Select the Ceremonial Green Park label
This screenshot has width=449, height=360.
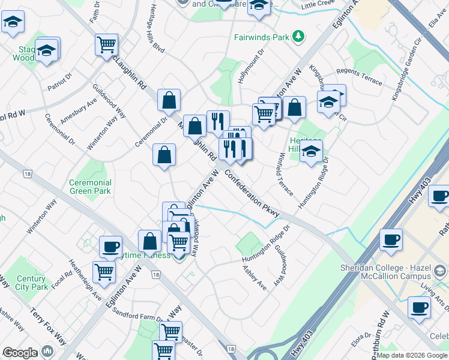90,187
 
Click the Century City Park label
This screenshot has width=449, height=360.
31,283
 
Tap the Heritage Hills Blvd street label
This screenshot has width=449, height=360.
155,34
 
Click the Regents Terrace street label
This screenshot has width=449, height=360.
360,76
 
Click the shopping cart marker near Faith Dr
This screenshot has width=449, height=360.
106,44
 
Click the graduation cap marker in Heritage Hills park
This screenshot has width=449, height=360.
311,152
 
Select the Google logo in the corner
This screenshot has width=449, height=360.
20,353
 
